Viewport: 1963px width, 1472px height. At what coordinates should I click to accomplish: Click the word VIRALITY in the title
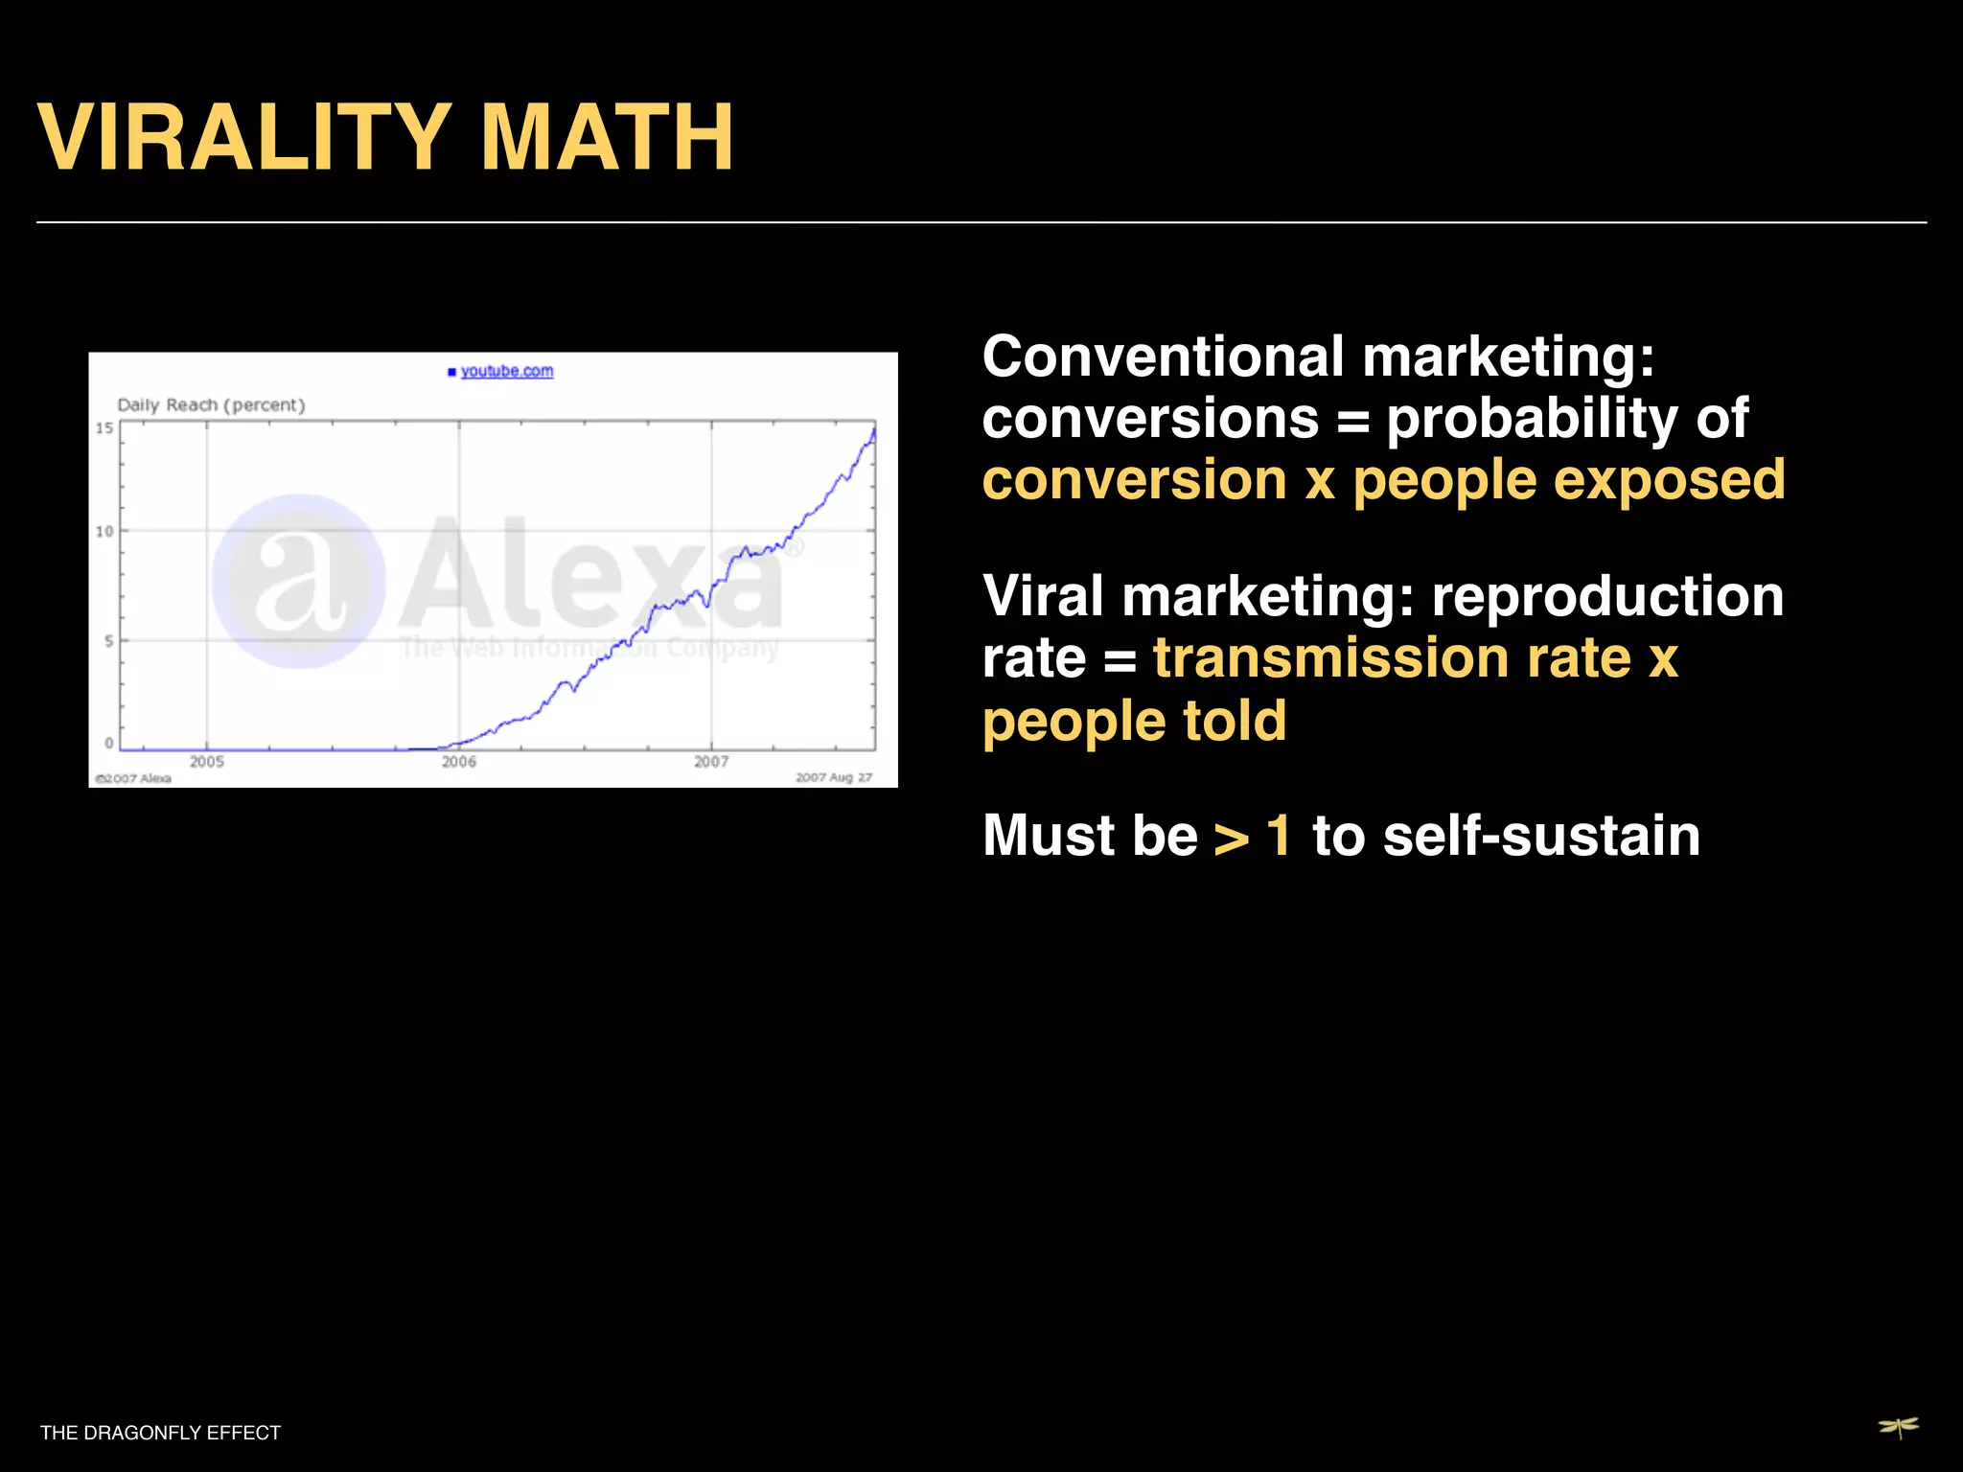[243, 138]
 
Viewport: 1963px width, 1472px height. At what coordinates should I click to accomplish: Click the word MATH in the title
[607, 138]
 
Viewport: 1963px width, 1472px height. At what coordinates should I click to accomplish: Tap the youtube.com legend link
[506, 371]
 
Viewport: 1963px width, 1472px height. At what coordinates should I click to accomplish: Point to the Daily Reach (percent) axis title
[211, 404]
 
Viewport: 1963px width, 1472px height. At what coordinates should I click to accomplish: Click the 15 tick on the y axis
[104, 427]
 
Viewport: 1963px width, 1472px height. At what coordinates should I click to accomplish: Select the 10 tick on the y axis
[104, 531]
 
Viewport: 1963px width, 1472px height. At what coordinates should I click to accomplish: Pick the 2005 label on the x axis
[206, 762]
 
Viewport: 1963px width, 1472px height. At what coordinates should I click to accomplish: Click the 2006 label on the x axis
[458, 762]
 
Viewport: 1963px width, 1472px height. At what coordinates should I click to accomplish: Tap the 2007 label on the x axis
[711, 762]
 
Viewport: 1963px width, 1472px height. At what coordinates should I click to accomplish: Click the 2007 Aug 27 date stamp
[833, 777]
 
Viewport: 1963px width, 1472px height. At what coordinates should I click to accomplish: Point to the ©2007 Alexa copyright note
[132, 778]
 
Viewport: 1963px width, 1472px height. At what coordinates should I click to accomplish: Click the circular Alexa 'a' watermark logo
[299, 581]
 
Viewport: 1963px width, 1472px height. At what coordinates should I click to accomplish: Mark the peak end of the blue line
[873, 430]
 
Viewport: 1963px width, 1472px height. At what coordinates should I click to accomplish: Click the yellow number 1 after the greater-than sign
[1279, 836]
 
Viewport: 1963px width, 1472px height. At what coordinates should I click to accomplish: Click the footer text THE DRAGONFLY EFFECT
[160, 1433]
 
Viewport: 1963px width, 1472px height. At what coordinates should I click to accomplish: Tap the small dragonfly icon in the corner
[1898, 1428]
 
